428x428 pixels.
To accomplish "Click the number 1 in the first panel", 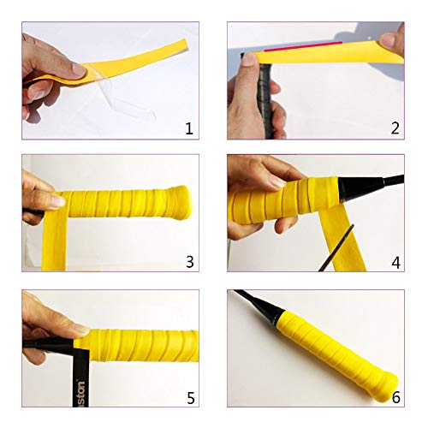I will (x=188, y=128).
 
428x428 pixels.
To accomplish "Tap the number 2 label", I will (x=395, y=128).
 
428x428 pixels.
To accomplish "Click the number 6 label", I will (x=395, y=397).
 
